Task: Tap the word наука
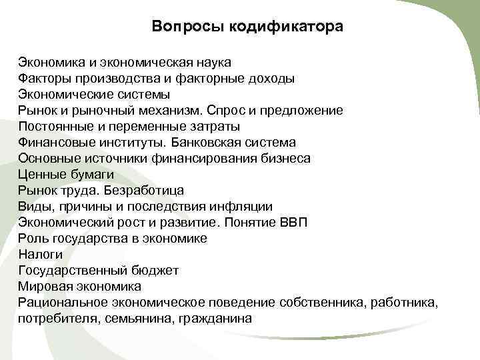click(x=213, y=63)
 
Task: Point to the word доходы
click(x=271, y=79)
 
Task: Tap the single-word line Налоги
click(x=41, y=254)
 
